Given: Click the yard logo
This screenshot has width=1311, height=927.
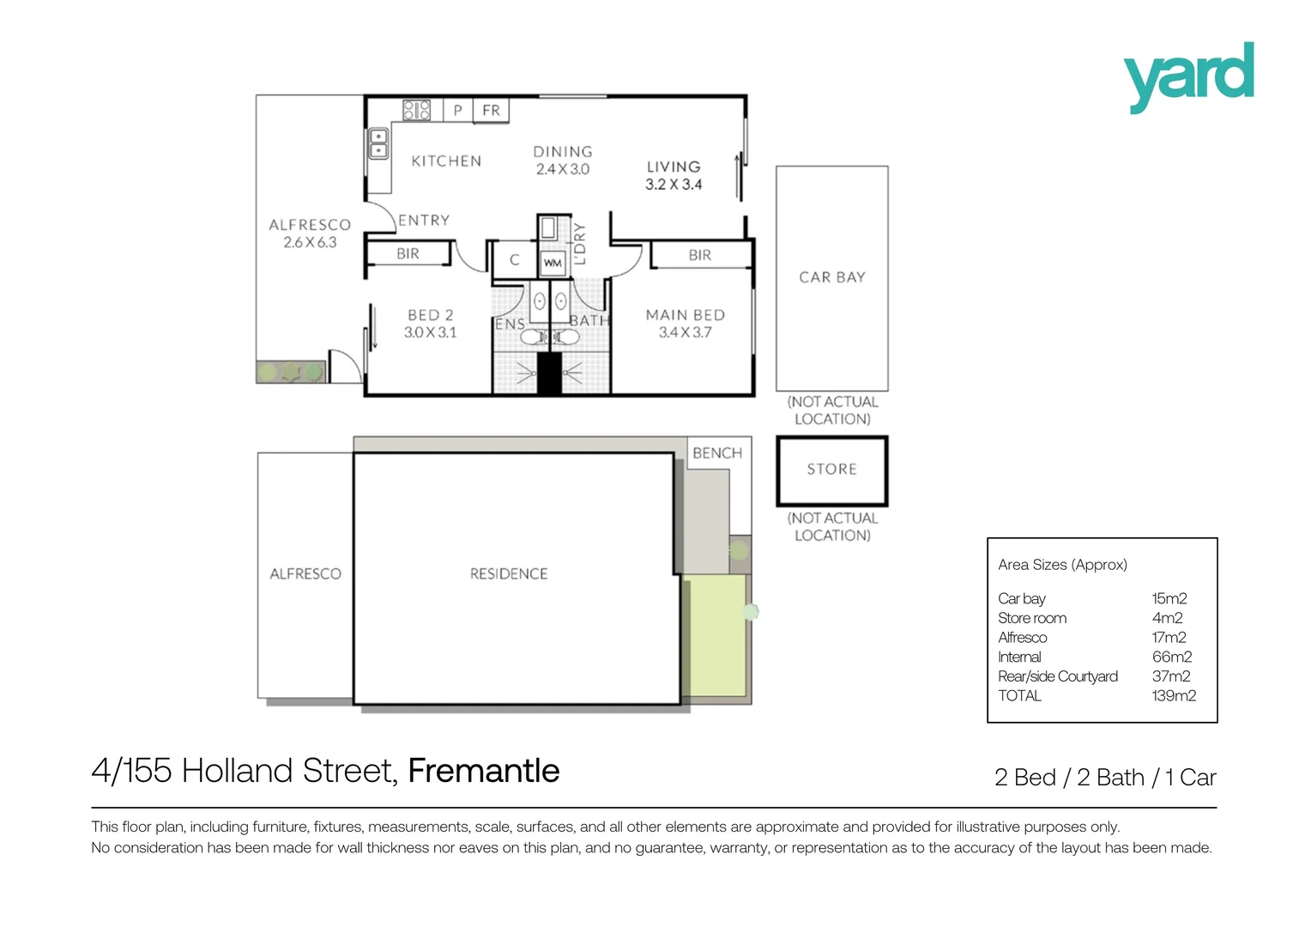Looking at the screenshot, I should tap(1188, 76).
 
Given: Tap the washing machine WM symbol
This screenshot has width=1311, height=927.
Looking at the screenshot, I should tap(553, 263).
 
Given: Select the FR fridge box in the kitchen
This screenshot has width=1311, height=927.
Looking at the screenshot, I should tap(491, 110).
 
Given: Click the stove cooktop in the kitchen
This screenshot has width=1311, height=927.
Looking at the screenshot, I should tap(417, 110).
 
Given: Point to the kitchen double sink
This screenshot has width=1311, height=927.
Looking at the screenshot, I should tap(378, 143).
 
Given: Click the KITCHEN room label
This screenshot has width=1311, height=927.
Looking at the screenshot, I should tap(446, 161).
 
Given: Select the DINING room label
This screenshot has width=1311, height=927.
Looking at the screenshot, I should tap(563, 152).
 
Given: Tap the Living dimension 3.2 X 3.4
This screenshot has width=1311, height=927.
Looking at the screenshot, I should tap(674, 185).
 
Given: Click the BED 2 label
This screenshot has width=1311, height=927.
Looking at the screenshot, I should tap(431, 315).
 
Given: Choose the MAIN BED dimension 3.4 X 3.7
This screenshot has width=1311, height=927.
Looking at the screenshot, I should tap(685, 333).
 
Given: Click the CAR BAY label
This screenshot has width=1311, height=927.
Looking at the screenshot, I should tap(832, 277).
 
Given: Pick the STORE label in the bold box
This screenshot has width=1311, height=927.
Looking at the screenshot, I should tap(832, 470).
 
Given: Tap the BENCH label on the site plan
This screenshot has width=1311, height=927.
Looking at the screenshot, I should tap(717, 453).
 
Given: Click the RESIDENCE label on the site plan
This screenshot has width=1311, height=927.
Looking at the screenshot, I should tap(509, 574).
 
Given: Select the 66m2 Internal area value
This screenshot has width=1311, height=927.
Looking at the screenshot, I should tap(1171, 657).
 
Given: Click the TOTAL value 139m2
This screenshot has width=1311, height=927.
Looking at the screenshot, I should tap(1173, 696).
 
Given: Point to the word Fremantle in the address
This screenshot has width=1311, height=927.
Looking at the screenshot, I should tap(484, 771).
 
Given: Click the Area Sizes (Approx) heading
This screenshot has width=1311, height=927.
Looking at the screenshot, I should tap(1062, 565).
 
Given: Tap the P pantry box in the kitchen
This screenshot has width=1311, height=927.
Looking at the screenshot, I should tap(458, 110).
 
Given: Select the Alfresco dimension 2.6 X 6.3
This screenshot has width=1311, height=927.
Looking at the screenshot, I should tap(310, 243).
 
